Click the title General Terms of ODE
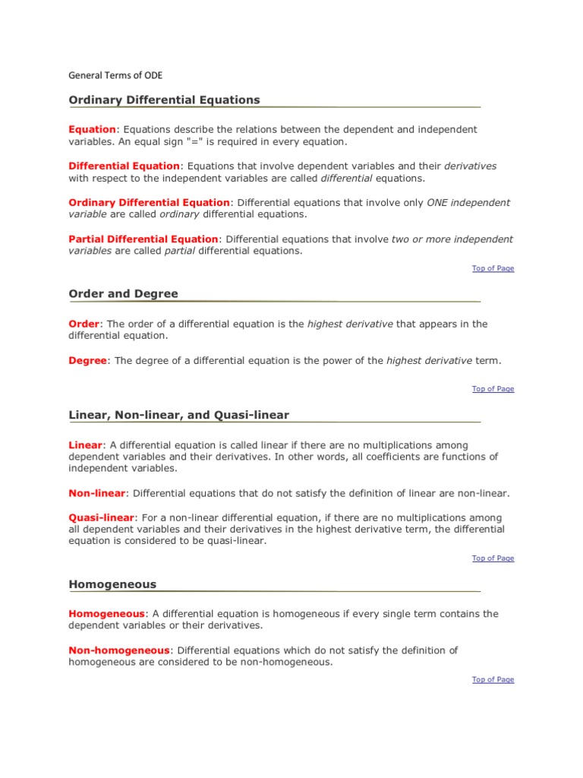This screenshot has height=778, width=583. pos(115,75)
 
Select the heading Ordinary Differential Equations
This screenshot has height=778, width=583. pos(164,100)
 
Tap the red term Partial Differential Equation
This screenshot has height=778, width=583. pos(143,239)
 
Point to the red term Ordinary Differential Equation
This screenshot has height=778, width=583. pos(149,203)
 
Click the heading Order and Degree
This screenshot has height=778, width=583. pos(124,293)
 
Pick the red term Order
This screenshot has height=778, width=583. pos(84,324)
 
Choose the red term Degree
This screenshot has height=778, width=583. pos(88,361)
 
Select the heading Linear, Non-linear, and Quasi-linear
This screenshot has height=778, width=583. pos(178,415)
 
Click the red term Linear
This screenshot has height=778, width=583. pos(85,445)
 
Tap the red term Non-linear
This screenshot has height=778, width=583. pos(97,493)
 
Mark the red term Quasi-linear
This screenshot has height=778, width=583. pos(102,517)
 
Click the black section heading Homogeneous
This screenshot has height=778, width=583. pos(112,584)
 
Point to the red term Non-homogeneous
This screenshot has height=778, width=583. pos(119,650)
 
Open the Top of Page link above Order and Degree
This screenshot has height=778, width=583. pos(493,268)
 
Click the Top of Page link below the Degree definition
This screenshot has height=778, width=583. pos(493,389)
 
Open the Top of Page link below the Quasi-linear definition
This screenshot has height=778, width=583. pos(493,558)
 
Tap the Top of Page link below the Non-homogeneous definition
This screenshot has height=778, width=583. pos(493,680)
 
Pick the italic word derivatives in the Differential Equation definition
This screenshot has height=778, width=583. pos(470,166)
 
